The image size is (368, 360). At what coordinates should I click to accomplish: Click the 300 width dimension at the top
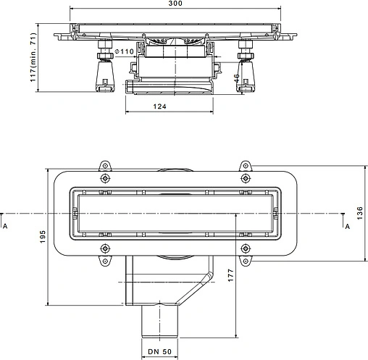tap(175, 3)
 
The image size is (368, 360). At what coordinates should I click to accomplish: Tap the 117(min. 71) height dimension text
tap(33, 57)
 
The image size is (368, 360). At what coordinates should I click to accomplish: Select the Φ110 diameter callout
tap(124, 51)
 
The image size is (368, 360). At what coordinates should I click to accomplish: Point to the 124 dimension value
tap(160, 106)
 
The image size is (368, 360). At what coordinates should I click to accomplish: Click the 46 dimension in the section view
tap(237, 78)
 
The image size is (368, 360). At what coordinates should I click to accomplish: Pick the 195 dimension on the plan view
tap(43, 237)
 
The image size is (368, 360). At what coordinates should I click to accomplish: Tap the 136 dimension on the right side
tap(360, 213)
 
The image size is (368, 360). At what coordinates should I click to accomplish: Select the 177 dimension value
tap(231, 275)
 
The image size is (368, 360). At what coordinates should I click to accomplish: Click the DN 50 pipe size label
tap(159, 351)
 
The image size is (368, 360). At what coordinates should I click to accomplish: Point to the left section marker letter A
tap(5, 226)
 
